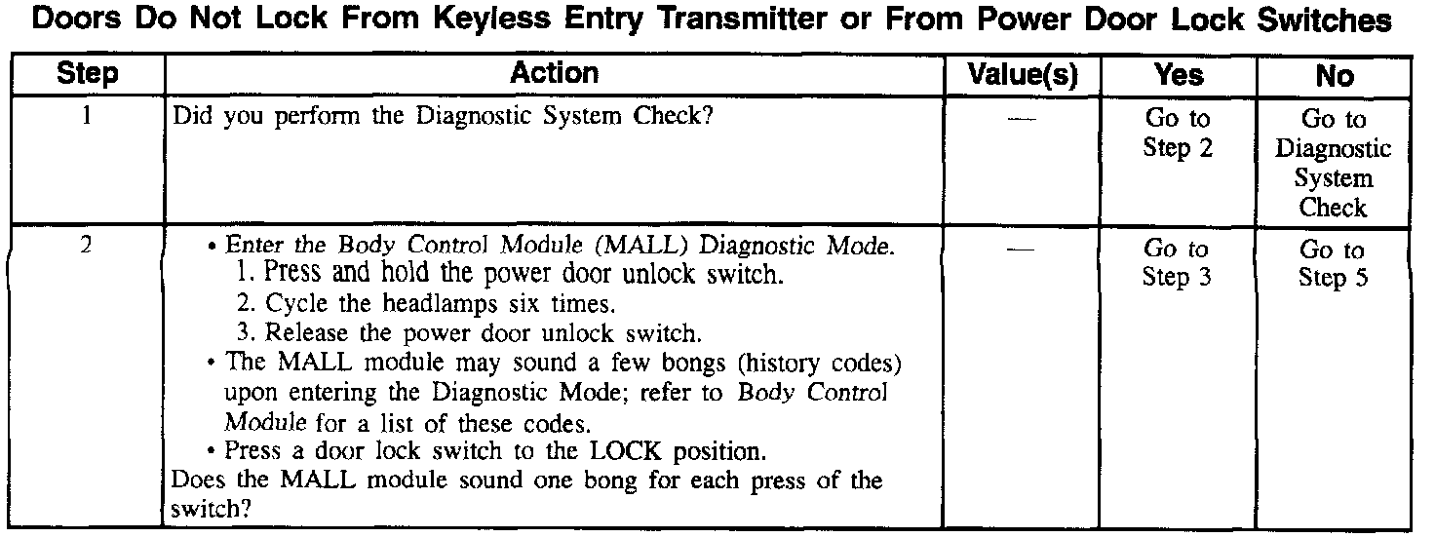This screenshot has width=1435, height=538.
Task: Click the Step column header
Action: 88,74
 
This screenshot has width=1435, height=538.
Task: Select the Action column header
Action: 554,74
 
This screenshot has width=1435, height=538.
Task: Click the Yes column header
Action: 1179,75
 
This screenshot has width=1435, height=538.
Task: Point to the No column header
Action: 1334,76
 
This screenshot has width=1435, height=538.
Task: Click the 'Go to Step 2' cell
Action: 1178,134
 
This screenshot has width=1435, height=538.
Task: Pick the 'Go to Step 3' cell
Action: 1178,263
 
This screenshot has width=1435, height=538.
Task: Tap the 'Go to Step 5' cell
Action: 1333,263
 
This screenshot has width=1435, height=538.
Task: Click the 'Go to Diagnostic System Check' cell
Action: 1333,163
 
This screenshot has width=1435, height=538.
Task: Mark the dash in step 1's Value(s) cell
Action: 1021,119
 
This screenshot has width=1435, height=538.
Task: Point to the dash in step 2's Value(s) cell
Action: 1021,249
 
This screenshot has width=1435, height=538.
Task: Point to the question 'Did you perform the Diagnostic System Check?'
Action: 446,117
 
